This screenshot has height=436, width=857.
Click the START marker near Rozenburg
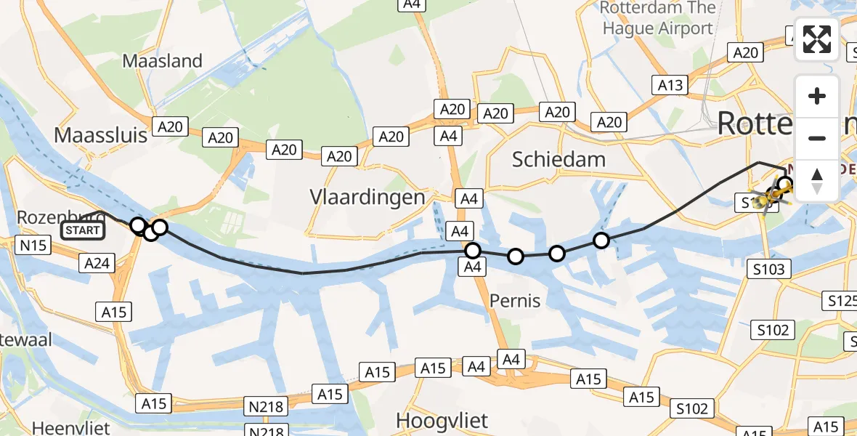click(x=83, y=231)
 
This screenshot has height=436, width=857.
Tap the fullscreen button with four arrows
click(x=817, y=39)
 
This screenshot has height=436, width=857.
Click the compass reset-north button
click(x=817, y=181)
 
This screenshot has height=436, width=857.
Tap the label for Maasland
click(x=162, y=61)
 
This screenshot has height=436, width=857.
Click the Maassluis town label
click(x=100, y=134)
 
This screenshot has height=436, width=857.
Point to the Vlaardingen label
click(x=367, y=197)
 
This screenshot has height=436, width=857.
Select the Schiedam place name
click(x=559, y=159)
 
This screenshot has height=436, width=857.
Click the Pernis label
click(x=515, y=300)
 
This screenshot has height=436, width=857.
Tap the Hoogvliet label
click(x=442, y=420)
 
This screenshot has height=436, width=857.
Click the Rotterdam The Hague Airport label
click(x=657, y=19)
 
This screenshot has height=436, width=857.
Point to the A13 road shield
click(x=670, y=86)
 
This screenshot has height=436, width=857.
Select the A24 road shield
click(x=97, y=263)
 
